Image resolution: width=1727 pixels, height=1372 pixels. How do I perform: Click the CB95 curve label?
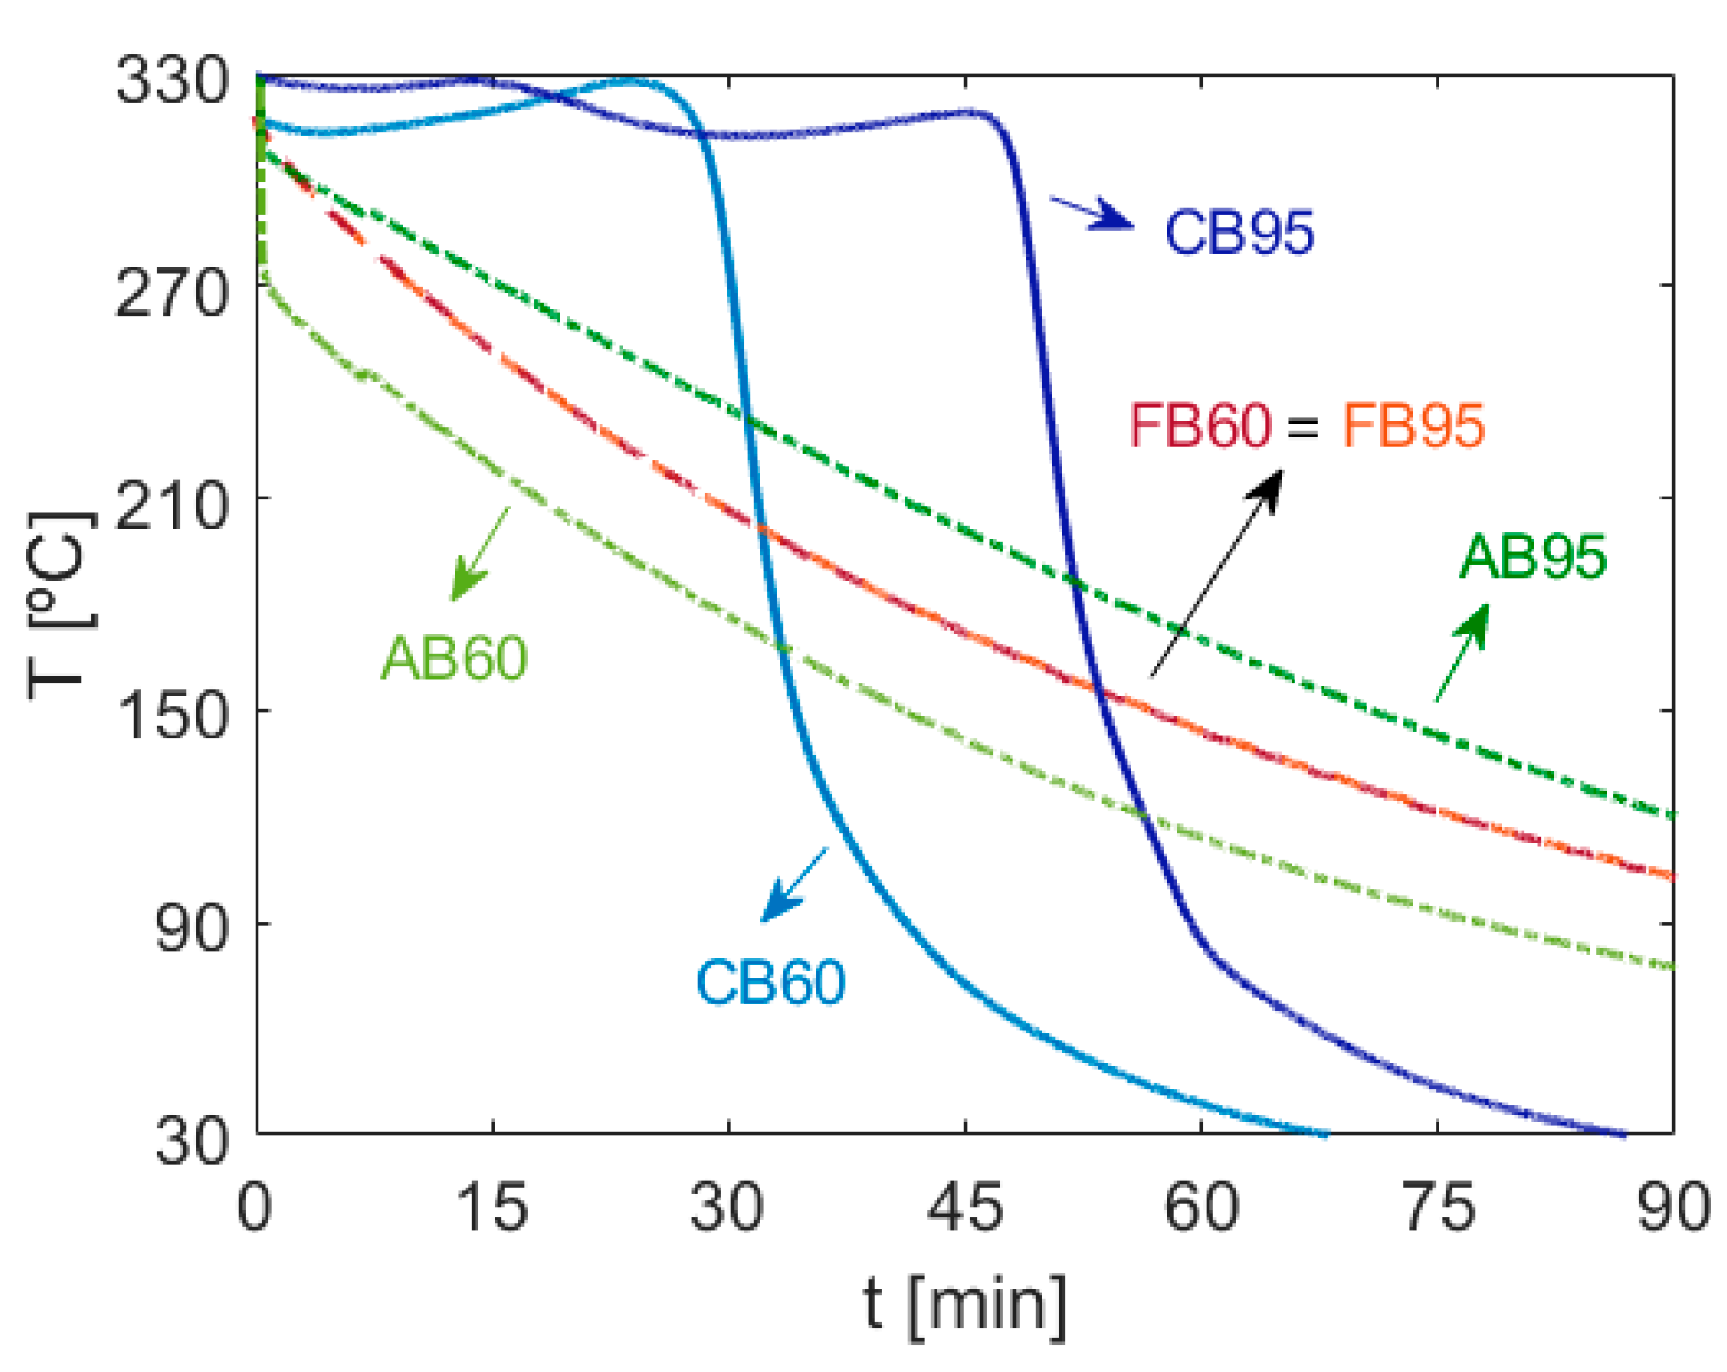[1239, 232]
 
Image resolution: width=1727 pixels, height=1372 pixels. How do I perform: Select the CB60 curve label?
[770, 983]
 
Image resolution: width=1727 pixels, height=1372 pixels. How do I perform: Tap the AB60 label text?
[454, 657]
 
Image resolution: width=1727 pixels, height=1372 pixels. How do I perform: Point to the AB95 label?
[1533, 556]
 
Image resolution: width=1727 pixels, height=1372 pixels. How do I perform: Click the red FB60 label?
[1199, 425]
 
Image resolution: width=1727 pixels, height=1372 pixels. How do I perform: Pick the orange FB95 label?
[1413, 425]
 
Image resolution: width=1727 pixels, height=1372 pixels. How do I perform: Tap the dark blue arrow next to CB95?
[1094, 214]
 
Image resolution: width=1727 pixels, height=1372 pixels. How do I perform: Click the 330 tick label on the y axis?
[172, 80]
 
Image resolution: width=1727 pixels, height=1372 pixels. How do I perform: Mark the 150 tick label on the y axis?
[172, 715]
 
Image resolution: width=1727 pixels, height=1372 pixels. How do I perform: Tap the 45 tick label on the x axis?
[965, 1207]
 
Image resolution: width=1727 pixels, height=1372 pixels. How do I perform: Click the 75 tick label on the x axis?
[1438, 1207]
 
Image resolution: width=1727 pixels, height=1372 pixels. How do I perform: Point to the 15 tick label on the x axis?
[492, 1207]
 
